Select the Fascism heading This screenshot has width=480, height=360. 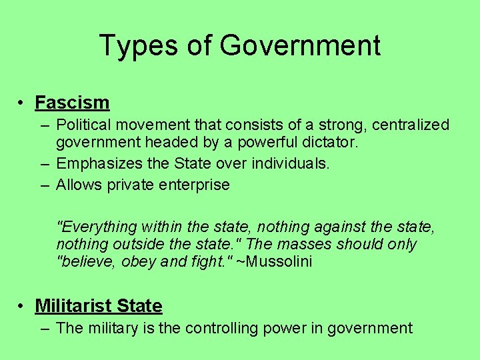[72, 103]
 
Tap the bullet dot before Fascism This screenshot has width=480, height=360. [22, 103]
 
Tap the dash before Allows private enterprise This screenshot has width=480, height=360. [43, 185]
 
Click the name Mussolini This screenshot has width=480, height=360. [279, 262]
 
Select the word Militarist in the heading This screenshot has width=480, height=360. [73, 306]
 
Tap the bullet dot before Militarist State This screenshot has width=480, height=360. [22, 306]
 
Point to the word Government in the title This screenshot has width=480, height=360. [299, 45]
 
